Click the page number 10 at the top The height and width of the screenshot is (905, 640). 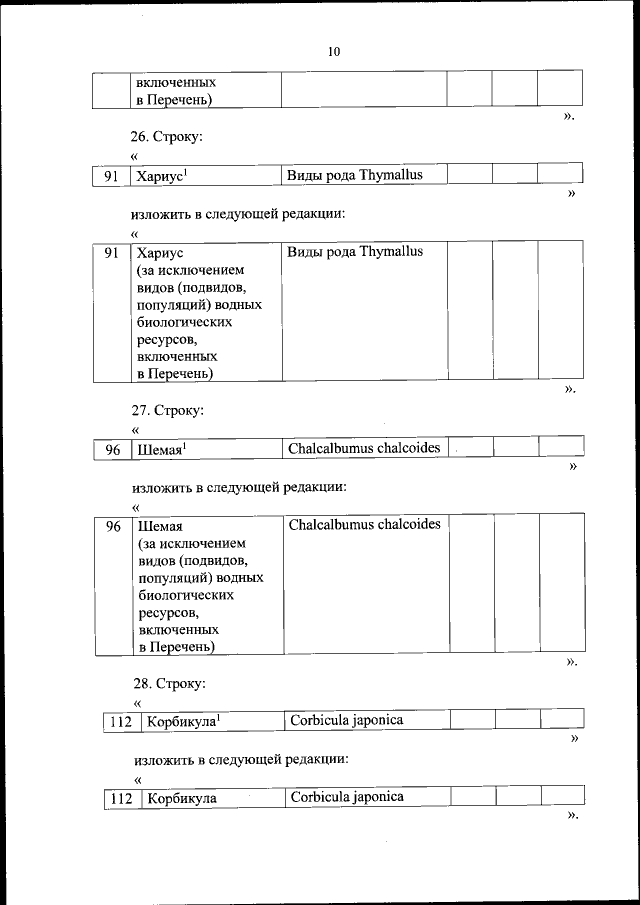click(334, 52)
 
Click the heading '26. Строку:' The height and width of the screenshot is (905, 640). click(169, 135)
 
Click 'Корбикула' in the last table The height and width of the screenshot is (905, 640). click(181, 799)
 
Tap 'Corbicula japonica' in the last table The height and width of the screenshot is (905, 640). click(346, 798)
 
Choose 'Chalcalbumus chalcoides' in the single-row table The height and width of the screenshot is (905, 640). click(364, 448)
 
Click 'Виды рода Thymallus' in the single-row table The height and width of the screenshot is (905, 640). click(355, 175)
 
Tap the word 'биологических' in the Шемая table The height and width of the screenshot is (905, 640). click(186, 596)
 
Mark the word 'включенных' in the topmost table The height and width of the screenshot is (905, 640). click(176, 81)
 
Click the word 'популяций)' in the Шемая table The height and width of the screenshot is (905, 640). click(174, 578)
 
